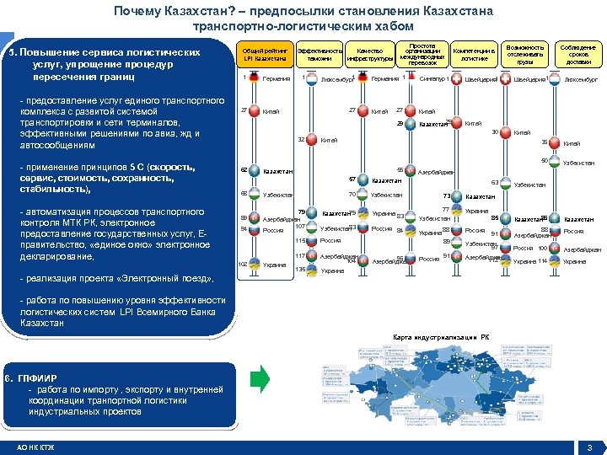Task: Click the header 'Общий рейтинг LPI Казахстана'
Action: [x=265, y=53]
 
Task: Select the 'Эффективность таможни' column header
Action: [x=320, y=54]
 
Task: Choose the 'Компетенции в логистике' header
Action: [x=473, y=54]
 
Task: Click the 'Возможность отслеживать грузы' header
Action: [x=525, y=54]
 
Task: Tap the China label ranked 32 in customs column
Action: [x=328, y=141]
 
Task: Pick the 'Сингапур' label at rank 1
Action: [x=430, y=79]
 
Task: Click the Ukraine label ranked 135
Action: [x=332, y=271]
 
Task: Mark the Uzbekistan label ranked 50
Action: [x=578, y=163]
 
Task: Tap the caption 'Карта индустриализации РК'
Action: [x=441, y=337]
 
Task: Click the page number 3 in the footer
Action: [x=590, y=447]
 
